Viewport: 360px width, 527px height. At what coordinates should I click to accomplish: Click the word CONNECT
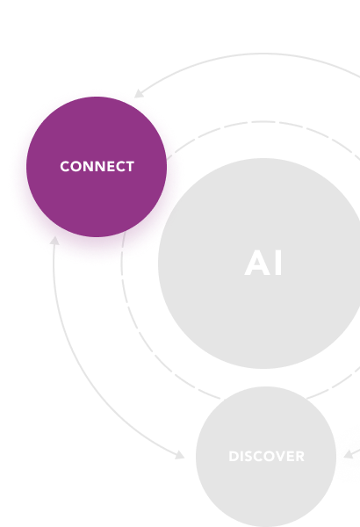click(97, 167)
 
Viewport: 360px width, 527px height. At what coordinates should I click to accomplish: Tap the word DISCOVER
click(267, 457)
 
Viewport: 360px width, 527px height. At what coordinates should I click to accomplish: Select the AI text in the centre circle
click(263, 263)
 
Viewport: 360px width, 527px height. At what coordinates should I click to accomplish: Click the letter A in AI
click(257, 263)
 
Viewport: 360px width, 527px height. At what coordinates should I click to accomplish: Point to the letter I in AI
click(278, 263)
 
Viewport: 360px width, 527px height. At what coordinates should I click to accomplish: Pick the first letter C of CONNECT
click(65, 167)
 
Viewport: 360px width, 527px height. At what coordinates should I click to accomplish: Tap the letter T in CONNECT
click(130, 167)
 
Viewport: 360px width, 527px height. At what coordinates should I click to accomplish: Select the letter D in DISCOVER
click(234, 457)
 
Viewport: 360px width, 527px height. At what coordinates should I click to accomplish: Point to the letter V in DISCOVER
click(279, 457)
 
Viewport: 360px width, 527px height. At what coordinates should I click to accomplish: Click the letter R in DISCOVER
click(300, 457)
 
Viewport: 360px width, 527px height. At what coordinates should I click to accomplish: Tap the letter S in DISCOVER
click(248, 457)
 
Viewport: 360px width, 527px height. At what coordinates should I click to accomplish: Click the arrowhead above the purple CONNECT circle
click(138, 94)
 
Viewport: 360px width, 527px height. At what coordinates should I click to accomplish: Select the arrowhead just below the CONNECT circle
click(54, 241)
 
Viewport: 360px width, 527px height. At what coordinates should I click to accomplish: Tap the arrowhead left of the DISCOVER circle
click(180, 455)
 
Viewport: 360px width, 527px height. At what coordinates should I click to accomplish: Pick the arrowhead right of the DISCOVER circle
click(348, 454)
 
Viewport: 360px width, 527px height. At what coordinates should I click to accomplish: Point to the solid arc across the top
click(263, 53)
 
